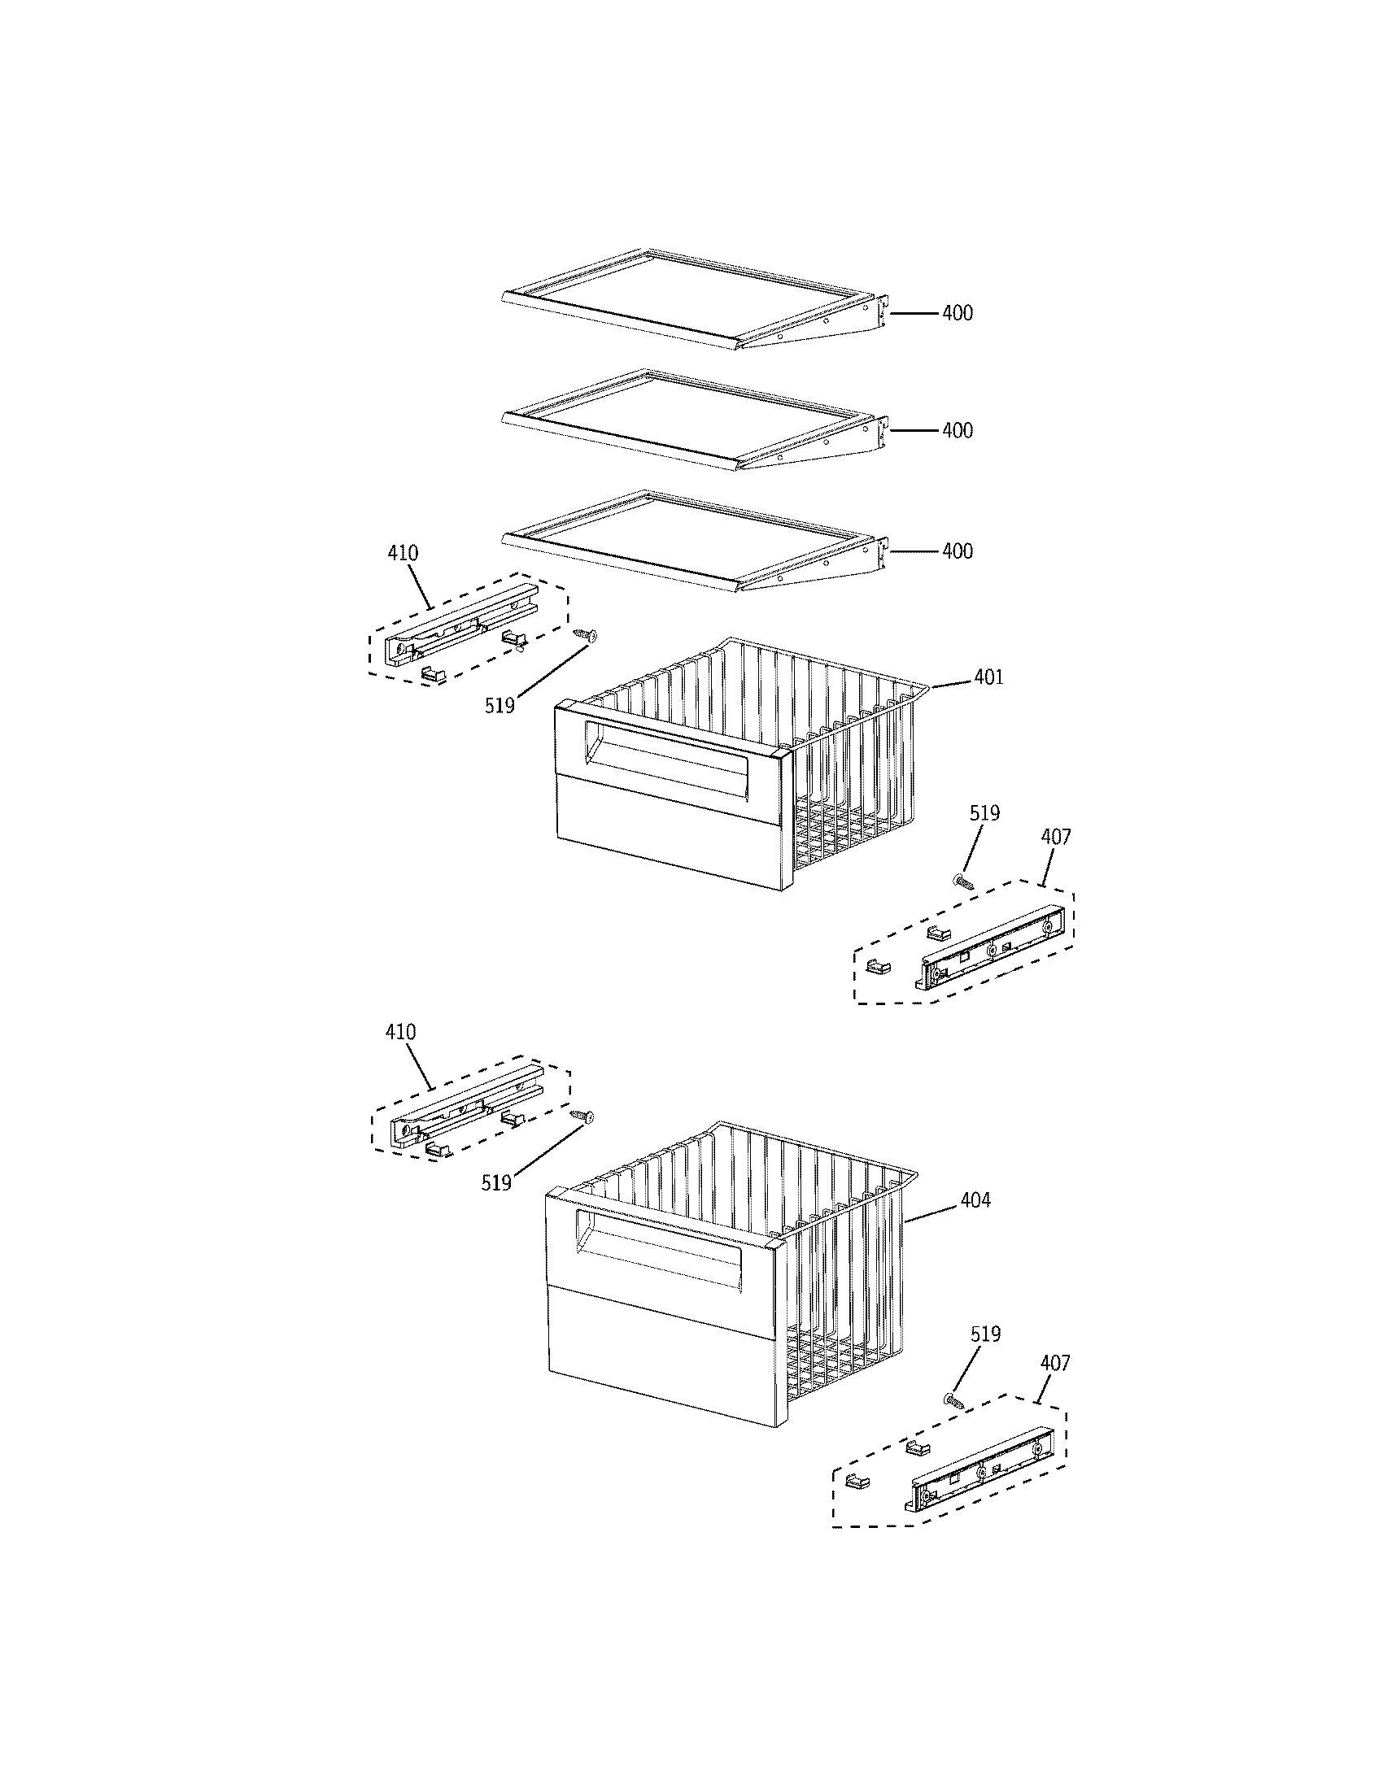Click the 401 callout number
click(988, 677)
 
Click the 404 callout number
click(975, 1200)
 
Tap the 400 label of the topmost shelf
click(957, 313)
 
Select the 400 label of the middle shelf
click(957, 431)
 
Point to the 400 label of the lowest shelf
click(957, 551)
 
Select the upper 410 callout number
click(402, 553)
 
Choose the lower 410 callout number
click(400, 1032)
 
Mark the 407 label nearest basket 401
click(1055, 837)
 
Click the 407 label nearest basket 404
click(1054, 1363)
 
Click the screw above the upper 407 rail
click(963, 881)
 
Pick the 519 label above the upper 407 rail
click(984, 813)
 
